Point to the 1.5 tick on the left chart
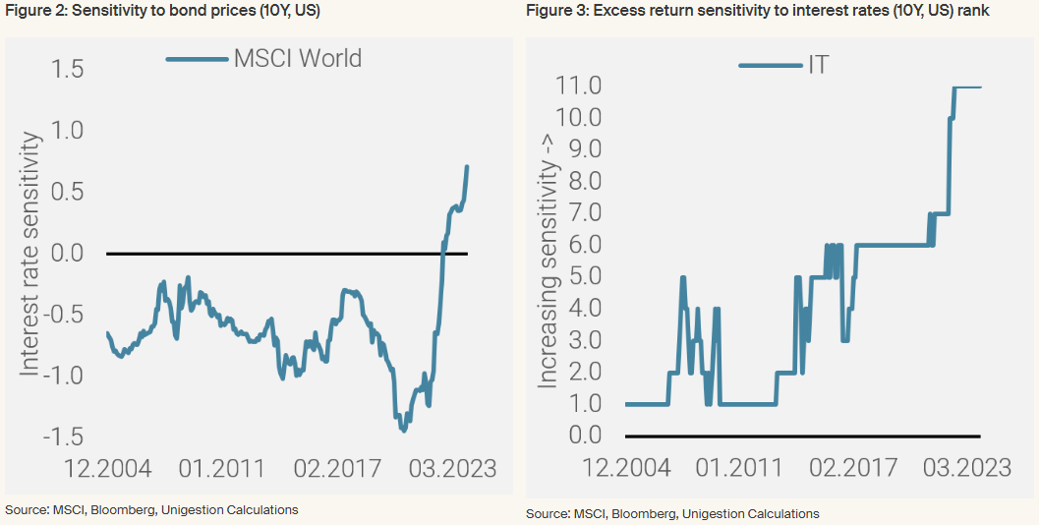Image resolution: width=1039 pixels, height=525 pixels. [64, 69]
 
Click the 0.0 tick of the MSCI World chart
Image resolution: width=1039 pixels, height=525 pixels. [64, 254]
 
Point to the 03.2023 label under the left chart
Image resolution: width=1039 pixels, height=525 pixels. [453, 467]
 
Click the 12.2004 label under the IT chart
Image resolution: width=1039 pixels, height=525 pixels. [627, 467]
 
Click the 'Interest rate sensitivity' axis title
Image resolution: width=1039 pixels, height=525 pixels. [30, 254]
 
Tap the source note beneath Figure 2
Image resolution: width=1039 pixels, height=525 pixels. [151, 509]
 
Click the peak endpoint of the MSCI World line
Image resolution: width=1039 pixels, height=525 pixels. [467, 167]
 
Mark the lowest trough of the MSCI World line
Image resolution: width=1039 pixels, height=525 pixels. [403, 430]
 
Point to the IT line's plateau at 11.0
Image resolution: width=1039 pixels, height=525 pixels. [968, 87]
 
